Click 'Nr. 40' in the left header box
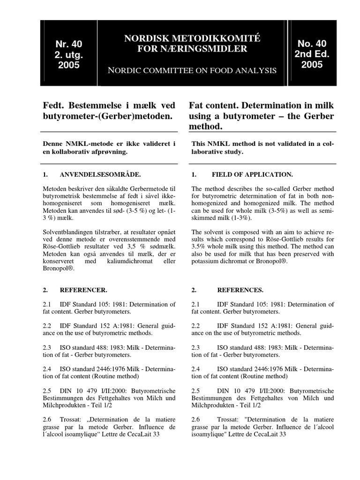[x=68, y=45]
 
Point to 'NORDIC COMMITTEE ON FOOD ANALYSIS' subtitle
[x=192, y=71]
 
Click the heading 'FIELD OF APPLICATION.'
[x=252, y=175]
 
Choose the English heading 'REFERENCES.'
[x=237, y=290]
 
